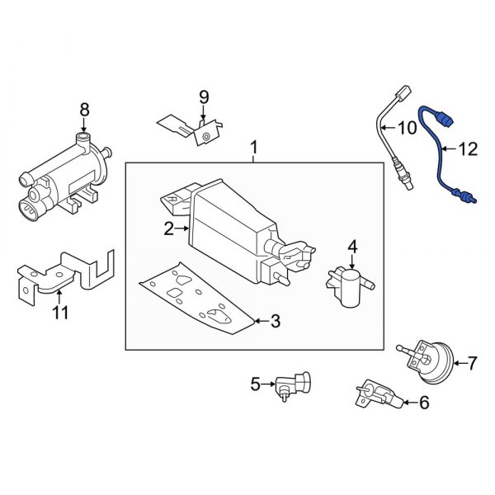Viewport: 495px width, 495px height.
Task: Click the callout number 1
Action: pos(254,148)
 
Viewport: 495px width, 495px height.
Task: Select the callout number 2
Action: pos(168,229)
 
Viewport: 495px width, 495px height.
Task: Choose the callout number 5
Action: pos(256,383)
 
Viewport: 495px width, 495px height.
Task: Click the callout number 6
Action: pos(425,403)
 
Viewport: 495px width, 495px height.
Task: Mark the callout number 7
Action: pos(473,362)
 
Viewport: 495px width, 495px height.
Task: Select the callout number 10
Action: pos(408,128)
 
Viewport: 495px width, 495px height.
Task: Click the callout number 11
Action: pos(61,313)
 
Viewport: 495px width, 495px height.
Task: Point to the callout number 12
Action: pos(468,149)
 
